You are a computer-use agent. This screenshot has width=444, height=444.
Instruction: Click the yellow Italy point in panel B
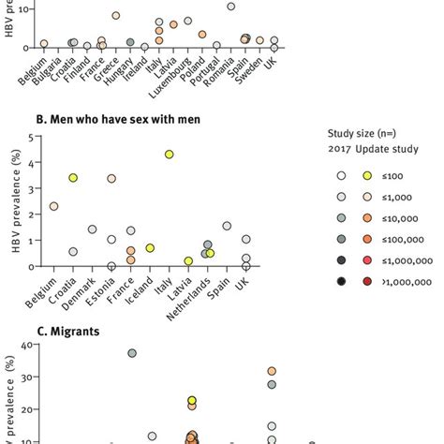point(170,155)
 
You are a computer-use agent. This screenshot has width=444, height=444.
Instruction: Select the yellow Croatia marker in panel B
point(73,177)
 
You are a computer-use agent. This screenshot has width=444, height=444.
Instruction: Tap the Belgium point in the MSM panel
point(54,206)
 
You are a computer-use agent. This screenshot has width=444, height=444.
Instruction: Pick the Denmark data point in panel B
point(93,229)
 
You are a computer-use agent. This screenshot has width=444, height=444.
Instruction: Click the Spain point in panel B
point(227,226)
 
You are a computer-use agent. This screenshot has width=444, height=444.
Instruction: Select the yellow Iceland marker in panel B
point(150,248)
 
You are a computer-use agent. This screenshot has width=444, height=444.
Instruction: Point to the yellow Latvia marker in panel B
point(188,261)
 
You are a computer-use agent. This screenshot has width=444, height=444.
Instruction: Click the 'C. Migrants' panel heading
point(45,330)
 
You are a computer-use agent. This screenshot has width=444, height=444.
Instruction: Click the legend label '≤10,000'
point(407,216)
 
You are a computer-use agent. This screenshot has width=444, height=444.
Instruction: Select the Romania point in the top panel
point(230,7)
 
